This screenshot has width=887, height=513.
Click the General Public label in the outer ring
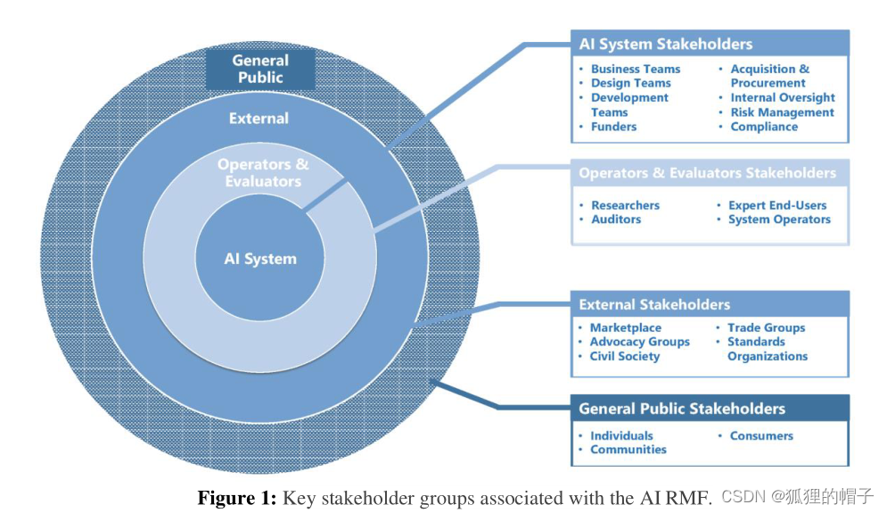(259, 70)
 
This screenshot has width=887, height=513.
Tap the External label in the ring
(259, 118)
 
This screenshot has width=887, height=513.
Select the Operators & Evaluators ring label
(263, 173)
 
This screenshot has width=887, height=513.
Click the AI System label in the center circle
(259, 259)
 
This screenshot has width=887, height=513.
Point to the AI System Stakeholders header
(665, 44)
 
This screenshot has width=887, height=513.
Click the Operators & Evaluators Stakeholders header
(707, 173)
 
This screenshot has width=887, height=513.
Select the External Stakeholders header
(654, 304)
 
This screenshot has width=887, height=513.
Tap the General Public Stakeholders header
(682, 409)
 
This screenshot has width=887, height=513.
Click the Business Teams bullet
(635, 69)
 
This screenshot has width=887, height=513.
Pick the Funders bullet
(613, 127)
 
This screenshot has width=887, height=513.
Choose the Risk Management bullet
(782, 112)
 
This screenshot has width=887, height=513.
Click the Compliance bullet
(764, 127)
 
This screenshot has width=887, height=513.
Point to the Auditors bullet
(615, 219)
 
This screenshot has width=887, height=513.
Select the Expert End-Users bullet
(777, 205)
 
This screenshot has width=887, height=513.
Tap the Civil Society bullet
(624, 356)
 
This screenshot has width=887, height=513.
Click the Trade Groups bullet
(766, 327)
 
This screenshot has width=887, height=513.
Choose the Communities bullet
(628, 450)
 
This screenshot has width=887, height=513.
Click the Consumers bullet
(760, 435)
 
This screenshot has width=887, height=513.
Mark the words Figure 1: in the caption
(236, 498)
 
